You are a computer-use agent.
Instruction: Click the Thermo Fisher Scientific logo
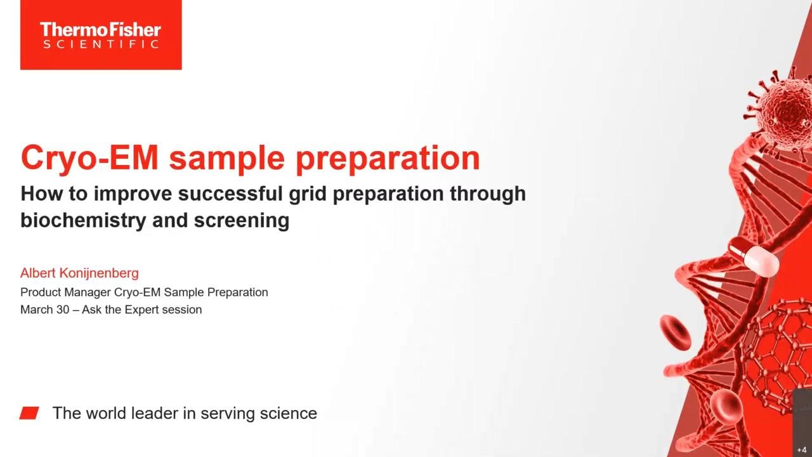coord(101,35)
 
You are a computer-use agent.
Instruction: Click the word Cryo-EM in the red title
coord(89,158)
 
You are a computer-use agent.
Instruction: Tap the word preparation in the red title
coord(388,159)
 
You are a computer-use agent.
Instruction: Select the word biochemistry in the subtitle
coord(83,220)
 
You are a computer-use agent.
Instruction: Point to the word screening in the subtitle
coord(242,221)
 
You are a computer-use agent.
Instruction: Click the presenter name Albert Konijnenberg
coord(79,273)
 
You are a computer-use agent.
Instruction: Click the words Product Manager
coord(65,293)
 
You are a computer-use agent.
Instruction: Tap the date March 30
coord(44,310)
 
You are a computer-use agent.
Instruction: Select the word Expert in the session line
coord(141,310)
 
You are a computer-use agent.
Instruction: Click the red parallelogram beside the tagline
coord(29,413)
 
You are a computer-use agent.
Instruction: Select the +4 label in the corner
coord(802,450)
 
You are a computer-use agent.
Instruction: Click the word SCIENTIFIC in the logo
coord(101,44)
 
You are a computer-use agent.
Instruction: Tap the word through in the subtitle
coord(488,194)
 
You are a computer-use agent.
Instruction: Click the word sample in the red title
coord(227,159)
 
